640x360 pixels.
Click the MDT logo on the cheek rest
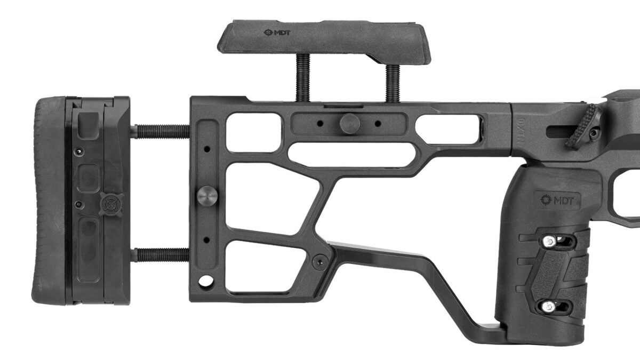coord(277,32)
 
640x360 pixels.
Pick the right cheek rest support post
coord(392,83)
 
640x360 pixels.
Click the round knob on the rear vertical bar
coord(206,195)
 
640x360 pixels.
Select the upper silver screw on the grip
coord(548,241)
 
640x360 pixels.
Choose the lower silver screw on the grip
coord(548,306)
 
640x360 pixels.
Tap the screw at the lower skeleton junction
coord(320,261)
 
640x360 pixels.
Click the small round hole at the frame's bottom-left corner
coord(203,280)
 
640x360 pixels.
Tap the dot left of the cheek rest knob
coord(319,123)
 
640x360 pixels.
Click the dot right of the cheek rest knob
coord(377,123)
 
